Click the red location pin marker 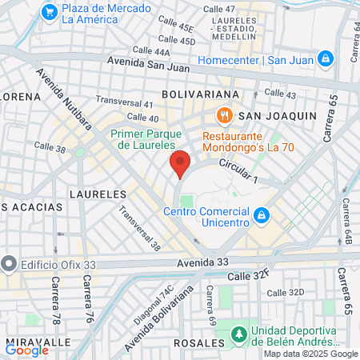pyautogui.click(x=180, y=163)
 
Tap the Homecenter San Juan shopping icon pyautogui.click(x=325, y=58)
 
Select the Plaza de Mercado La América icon pyautogui.click(x=50, y=11)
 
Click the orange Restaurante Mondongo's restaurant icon pyautogui.click(x=226, y=115)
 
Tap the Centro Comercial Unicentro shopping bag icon pyautogui.click(x=260, y=214)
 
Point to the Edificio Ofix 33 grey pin pyautogui.click(x=9, y=262)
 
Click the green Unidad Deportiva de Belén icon pyautogui.click(x=238, y=334)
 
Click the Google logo pyautogui.click(x=26, y=350)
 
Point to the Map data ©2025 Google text pyautogui.click(x=310, y=354)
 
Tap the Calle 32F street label pyautogui.click(x=248, y=276)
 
